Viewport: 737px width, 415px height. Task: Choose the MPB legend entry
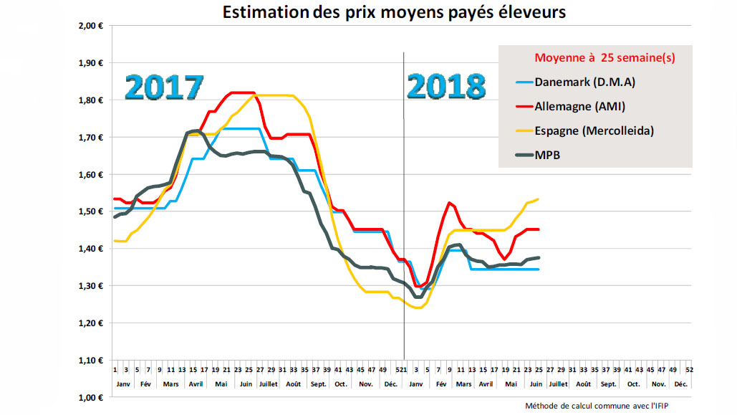pyautogui.click(x=547, y=153)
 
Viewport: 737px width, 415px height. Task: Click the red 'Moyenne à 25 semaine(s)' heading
pyautogui.click(x=604, y=57)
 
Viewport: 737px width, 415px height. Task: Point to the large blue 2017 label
pyautogui.click(x=164, y=87)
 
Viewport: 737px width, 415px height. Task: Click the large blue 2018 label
pyautogui.click(x=445, y=87)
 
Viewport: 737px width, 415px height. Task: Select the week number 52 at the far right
pyautogui.click(x=688, y=370)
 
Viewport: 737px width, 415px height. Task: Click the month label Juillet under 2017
pyautogui.click(x=267, y=384)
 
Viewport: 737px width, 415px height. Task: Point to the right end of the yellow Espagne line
pyautogui.click(x=539, y=199)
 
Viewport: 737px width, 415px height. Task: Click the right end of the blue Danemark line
pyautogui.click(x=539, y=269)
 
